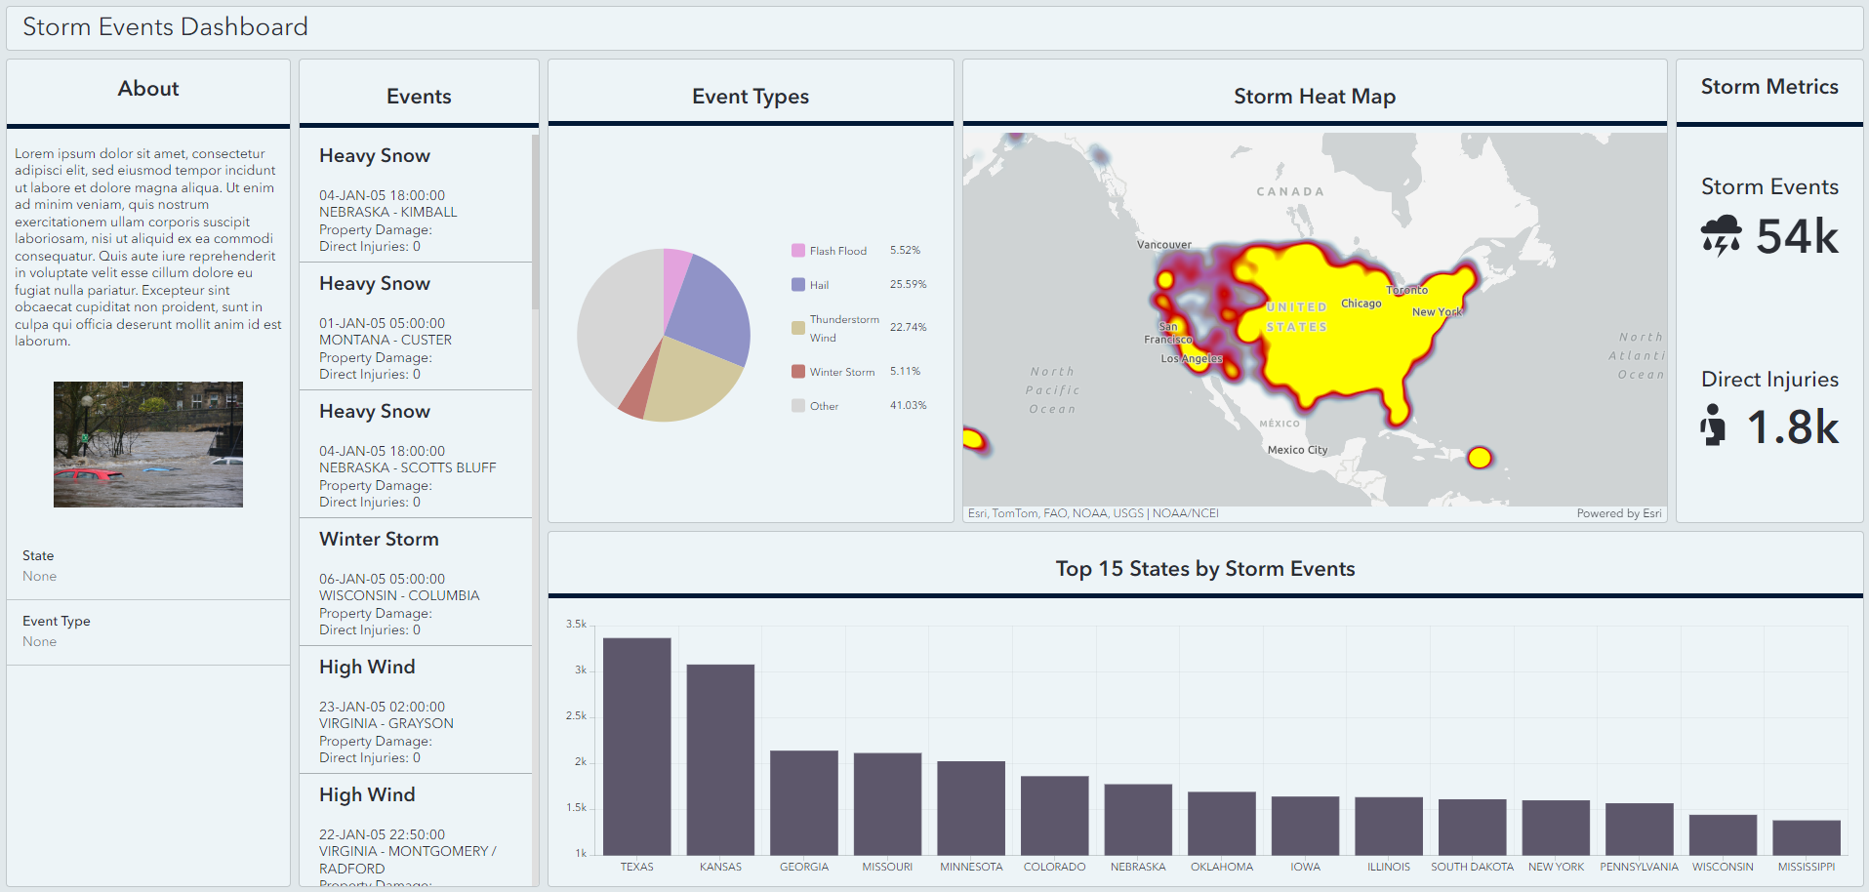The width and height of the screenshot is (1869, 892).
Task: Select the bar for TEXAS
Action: [x=636, y=747]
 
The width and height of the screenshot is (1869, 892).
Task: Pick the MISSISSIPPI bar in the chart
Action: [x=1806, y=837]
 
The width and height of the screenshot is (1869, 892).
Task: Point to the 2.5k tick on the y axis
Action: [x=576, y=716]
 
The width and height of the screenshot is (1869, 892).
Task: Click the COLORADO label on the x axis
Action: [x=1054, y=867]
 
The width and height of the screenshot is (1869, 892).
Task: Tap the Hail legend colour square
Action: [x=798, y=285]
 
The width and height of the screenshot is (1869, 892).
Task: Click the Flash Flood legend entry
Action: [x=837, y=251]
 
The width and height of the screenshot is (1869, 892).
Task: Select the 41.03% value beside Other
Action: [x=908, y=405]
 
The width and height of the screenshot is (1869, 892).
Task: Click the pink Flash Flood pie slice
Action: [x=676, y=288]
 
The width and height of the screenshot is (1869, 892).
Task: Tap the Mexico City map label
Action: [x=1297, y=450]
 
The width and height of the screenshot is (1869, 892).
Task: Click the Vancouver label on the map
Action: [x=1163, y=245]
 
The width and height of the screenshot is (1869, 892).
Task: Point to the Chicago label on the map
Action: [x=1361, y=304]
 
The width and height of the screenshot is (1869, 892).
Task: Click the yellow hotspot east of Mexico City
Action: [x=1480, y=457]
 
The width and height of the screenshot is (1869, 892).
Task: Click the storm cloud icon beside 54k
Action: [x=1721, y=235]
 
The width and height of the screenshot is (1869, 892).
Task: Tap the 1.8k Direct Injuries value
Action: [x=1793, y=427]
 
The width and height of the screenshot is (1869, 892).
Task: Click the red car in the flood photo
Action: [x=90, y=474]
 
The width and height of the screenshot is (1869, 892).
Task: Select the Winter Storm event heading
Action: [x=379, y=539]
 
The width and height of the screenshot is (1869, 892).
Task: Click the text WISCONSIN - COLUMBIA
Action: [x=399, y=595]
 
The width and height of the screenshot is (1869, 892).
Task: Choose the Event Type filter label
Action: [x=57, y=621]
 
